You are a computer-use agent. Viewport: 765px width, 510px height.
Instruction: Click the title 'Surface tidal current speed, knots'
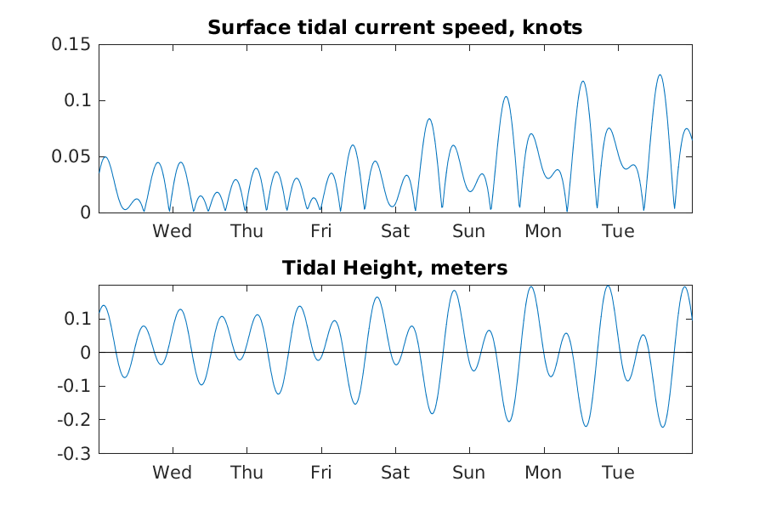pyautogui.click(x=394, y=28)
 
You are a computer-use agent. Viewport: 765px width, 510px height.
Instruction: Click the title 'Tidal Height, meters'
pyautogui.click(x=394, y=268)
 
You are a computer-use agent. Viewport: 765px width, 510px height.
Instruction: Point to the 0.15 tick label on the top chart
pyautogui.click(x=71, y=44)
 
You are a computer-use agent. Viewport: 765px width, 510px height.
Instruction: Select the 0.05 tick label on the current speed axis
pyautogui.click(x=71, y=156)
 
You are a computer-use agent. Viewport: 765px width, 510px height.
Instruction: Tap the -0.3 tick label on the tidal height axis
pyautogui.click(x=74, y=454)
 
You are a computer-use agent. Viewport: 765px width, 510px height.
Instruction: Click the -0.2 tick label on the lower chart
pyautogui.click(x=74, y=420)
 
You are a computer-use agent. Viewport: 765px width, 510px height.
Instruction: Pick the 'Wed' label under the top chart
pyautogui.click(x=173, y=231)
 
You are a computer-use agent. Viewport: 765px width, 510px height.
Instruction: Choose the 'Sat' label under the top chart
pyautogui.click(x=395, y=231)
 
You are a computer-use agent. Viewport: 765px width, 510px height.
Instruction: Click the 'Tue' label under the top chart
pyautogui.click(x=618, y=231)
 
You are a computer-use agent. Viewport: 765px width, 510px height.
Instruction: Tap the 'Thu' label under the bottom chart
pyautogui.click(x=246, y=473)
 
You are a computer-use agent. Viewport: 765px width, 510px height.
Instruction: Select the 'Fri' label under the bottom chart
pyautogui.click(x=321, y=473)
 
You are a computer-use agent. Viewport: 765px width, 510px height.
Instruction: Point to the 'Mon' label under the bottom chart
pyautogui.click(x=543, y=473)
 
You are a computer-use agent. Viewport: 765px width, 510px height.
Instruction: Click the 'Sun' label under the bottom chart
pyautogui.click(x=469, y=473)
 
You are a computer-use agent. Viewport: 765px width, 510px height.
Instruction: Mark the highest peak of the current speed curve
pyautogui.click(x=660, y=75)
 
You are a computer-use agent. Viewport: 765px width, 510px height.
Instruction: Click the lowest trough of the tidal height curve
pyautogui.click(x=662, y=427)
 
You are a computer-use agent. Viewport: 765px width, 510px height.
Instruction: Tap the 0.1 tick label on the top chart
pyautogui.click(x=77, y=100)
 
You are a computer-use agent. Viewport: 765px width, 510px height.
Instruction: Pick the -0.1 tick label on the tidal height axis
pyautogui.click(x=74, y=386)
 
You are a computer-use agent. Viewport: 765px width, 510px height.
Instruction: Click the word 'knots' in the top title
pyautogui.click(x=552, y=28)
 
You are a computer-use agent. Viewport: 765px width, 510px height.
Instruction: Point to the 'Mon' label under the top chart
pyautogui.click(x=543, y=231)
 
